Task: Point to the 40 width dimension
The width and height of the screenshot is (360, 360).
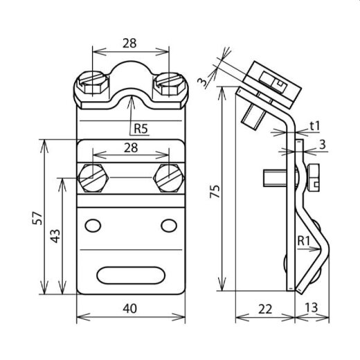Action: (x=129, y=309)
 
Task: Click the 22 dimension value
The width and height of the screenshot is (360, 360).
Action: (x=264, y=309)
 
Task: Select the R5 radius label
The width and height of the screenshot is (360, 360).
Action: (x=141, y=128)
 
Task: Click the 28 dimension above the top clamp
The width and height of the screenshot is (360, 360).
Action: (x=129, y=42)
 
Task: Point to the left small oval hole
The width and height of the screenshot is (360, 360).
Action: (x=91, y=225)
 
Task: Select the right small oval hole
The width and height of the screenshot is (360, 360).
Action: (x=168, y=225)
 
